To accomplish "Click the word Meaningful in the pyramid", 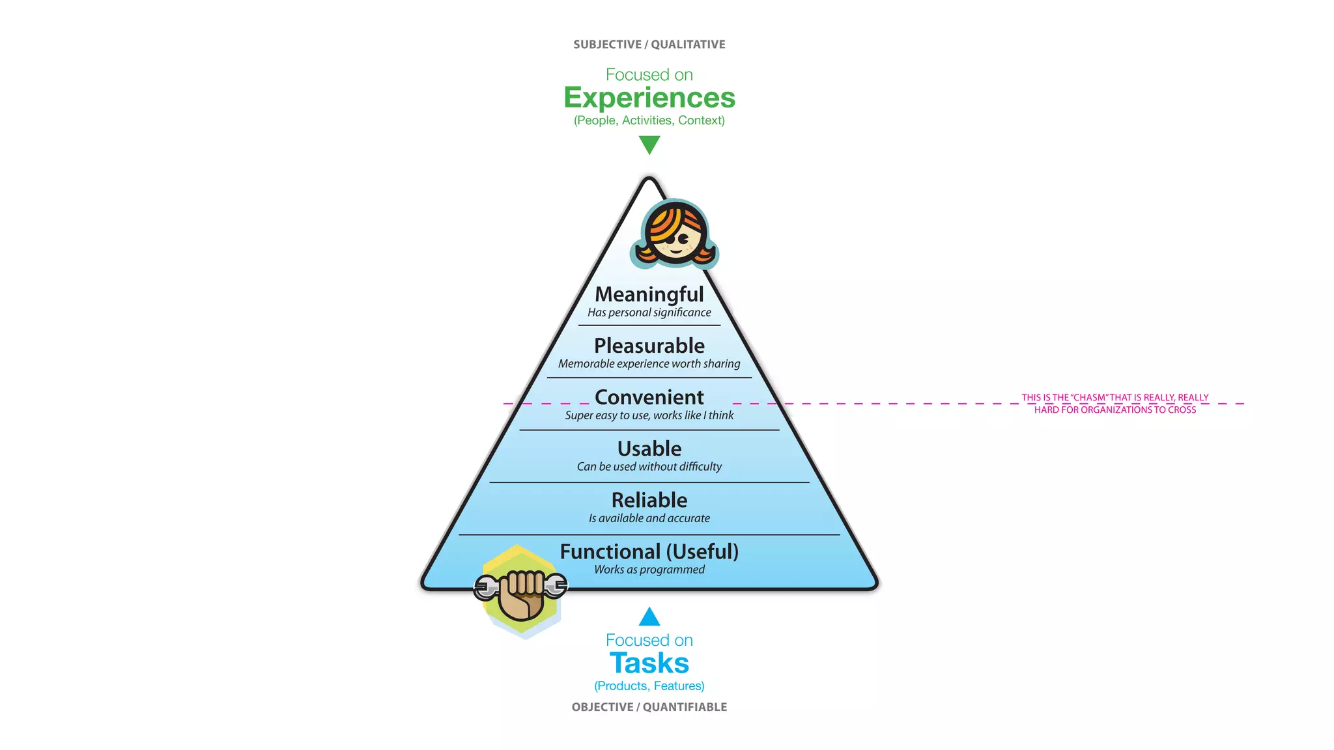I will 649,294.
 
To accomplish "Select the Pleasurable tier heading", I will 649,346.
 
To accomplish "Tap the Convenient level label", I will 649,397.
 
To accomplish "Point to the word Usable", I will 649,449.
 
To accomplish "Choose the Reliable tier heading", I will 649,500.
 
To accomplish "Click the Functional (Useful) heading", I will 649,551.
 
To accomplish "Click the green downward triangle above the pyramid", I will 649,144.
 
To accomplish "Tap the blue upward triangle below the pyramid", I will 649,617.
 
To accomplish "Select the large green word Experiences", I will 649,98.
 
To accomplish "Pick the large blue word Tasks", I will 649,663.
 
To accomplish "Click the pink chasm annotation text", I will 1114,404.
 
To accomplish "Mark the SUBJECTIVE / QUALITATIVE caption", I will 649,44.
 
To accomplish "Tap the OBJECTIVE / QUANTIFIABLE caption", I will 649,707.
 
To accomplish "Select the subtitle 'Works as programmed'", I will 649,570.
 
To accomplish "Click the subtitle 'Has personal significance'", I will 649,312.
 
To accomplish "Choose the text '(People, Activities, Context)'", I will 649,120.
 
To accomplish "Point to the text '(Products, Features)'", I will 649,686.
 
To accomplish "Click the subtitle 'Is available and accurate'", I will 649,518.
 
